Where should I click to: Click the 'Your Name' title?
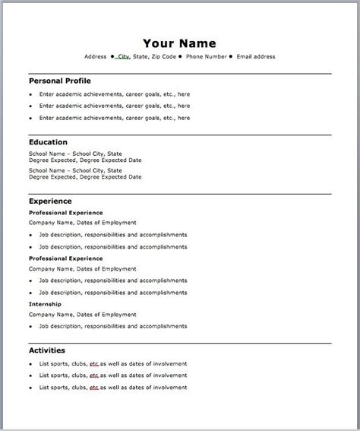(x=179, y=43)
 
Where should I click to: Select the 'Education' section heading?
(x=48, y=141)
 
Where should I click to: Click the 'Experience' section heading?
(x=50, y=201)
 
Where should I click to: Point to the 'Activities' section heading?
(x=46, y=350)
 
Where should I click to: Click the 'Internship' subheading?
(x=46, y=304)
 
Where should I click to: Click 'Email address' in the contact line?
(x=256, y=56)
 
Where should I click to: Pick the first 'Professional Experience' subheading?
(x=65, y=213)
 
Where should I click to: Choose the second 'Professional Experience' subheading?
(x=65, y=258)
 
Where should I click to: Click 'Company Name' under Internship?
(x=52, y=314)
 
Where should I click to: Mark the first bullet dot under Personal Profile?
(x=31, y=94)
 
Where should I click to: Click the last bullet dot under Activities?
(x=31, y=388)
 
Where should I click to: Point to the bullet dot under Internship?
(x=31, y=327)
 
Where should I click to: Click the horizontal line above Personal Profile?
(x=179, y=74)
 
